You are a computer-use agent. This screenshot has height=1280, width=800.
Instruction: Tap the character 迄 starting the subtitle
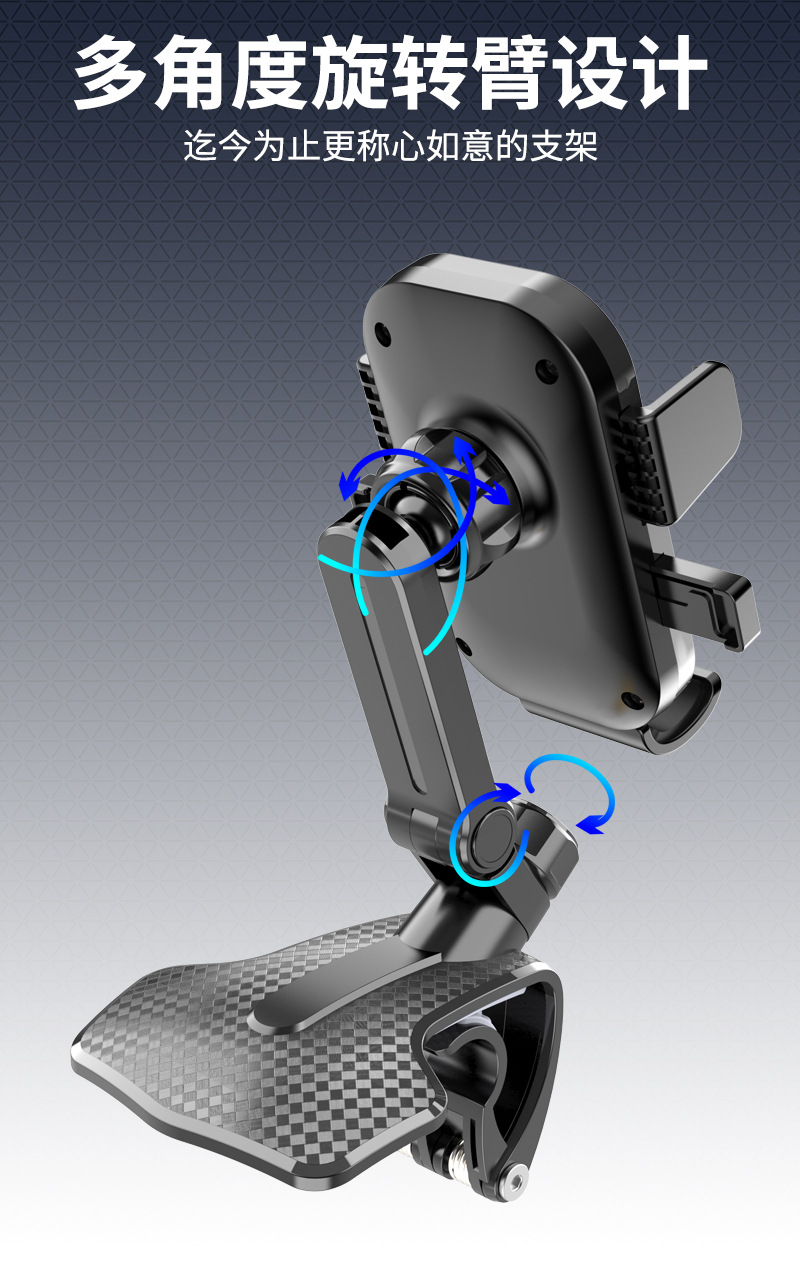pos(201,146)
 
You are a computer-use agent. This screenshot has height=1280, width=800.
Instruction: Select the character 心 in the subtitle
pos(408,146)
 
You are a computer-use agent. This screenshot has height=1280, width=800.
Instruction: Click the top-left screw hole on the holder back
pos(382,333)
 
